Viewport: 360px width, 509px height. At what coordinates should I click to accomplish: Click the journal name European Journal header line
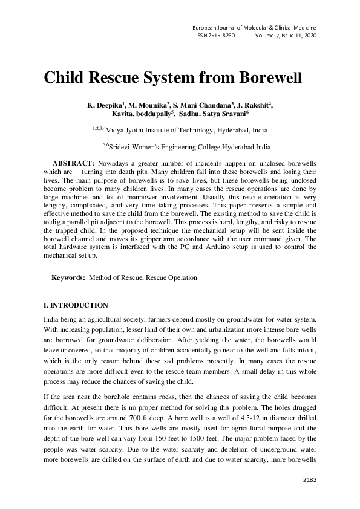tap(254, 28)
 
